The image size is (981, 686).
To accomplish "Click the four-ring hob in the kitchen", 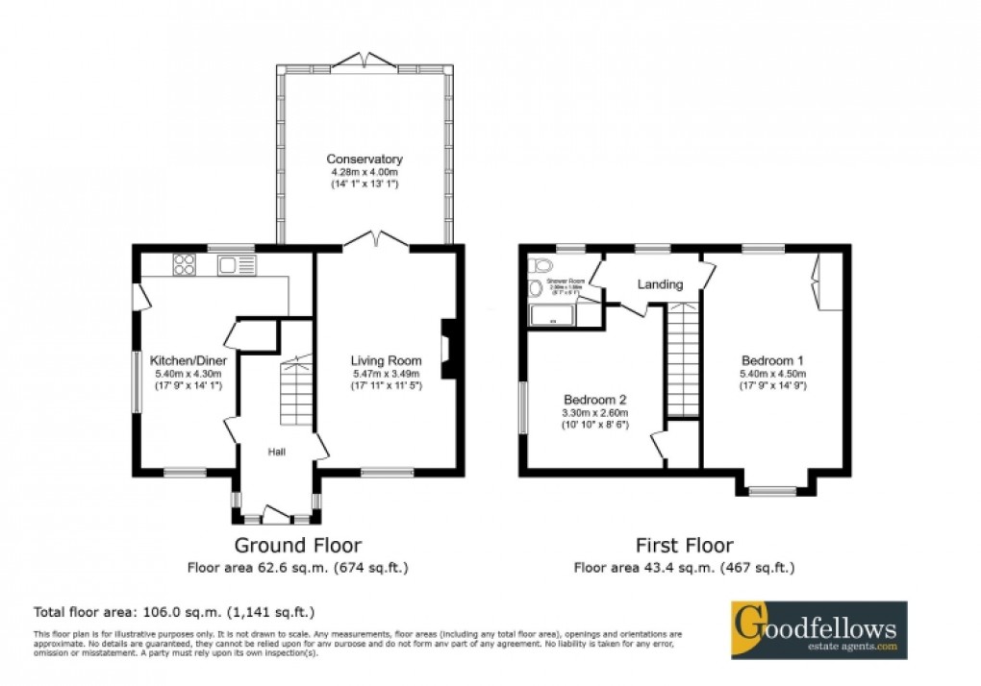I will click(x=184, y=264).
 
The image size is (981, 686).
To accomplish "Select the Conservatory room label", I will click(x=364, y=159).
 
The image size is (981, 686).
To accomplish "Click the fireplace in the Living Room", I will click(x=447, y=349).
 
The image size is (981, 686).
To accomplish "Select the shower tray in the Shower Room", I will click(x=551, y=313).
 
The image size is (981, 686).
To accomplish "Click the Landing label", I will click(x=660, y=284).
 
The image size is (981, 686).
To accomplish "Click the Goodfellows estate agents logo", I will click(x=818, y=629).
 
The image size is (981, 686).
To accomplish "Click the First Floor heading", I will click(x=683, y=546).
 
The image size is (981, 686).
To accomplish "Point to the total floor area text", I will click(x=174, y=611).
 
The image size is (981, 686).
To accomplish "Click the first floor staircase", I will click(x=683, y=359).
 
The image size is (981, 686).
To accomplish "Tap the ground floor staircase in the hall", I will click(x=295, y=394).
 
